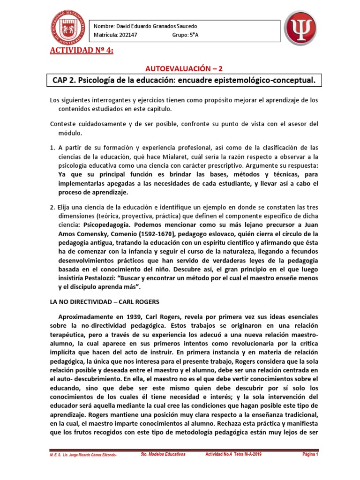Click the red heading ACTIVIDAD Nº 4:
pyautogui.click(x=82, y=51)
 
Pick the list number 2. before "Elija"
pyautogui.click(x=52, y=207)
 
